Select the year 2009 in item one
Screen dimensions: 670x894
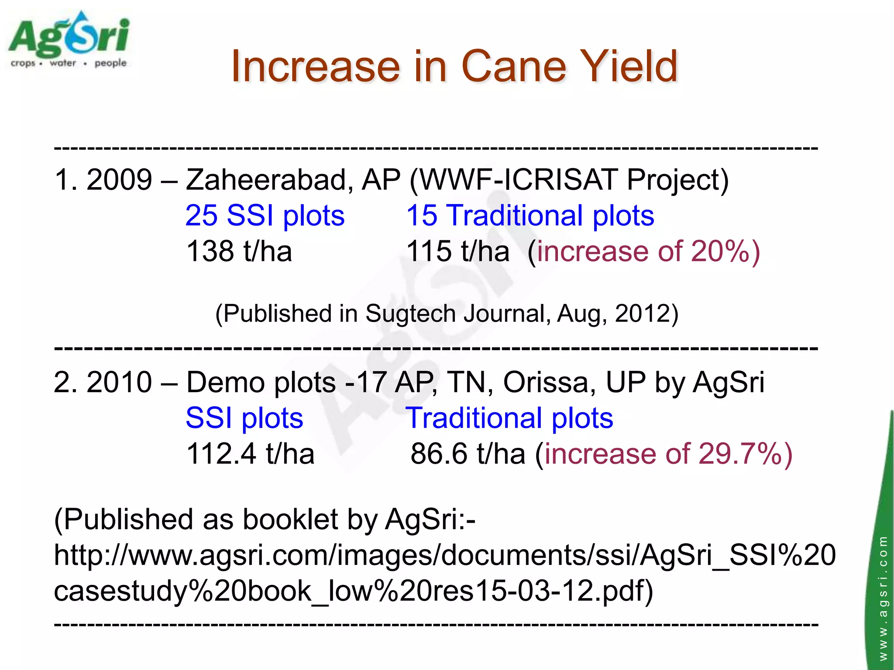click(119, 180)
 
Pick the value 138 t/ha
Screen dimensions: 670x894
click(239, 252)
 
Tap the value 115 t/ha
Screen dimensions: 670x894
click(457, 252)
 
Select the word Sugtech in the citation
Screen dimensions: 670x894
click(411, 314)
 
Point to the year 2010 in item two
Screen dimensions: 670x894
click(119, 383)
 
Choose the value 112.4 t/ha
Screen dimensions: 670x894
click(250, 454)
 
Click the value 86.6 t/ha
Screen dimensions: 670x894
click(468, 454)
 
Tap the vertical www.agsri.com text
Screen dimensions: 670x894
click(883, 598)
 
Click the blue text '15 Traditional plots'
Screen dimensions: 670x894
click(530, 215)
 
